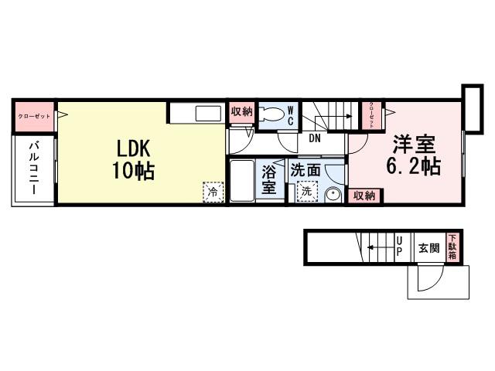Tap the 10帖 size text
pos(132,171)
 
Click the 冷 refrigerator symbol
pos(210,190)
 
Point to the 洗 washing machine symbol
pos(307,191)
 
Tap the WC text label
pos(291,116)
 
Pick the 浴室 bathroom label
pos(269,179)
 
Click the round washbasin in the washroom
pos(333,194)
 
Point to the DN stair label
pos(315,139)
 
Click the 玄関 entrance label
pos(428,249)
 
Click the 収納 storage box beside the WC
pos(241,112)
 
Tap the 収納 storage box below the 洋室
pos(364,196)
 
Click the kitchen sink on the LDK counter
pos(208,114)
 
